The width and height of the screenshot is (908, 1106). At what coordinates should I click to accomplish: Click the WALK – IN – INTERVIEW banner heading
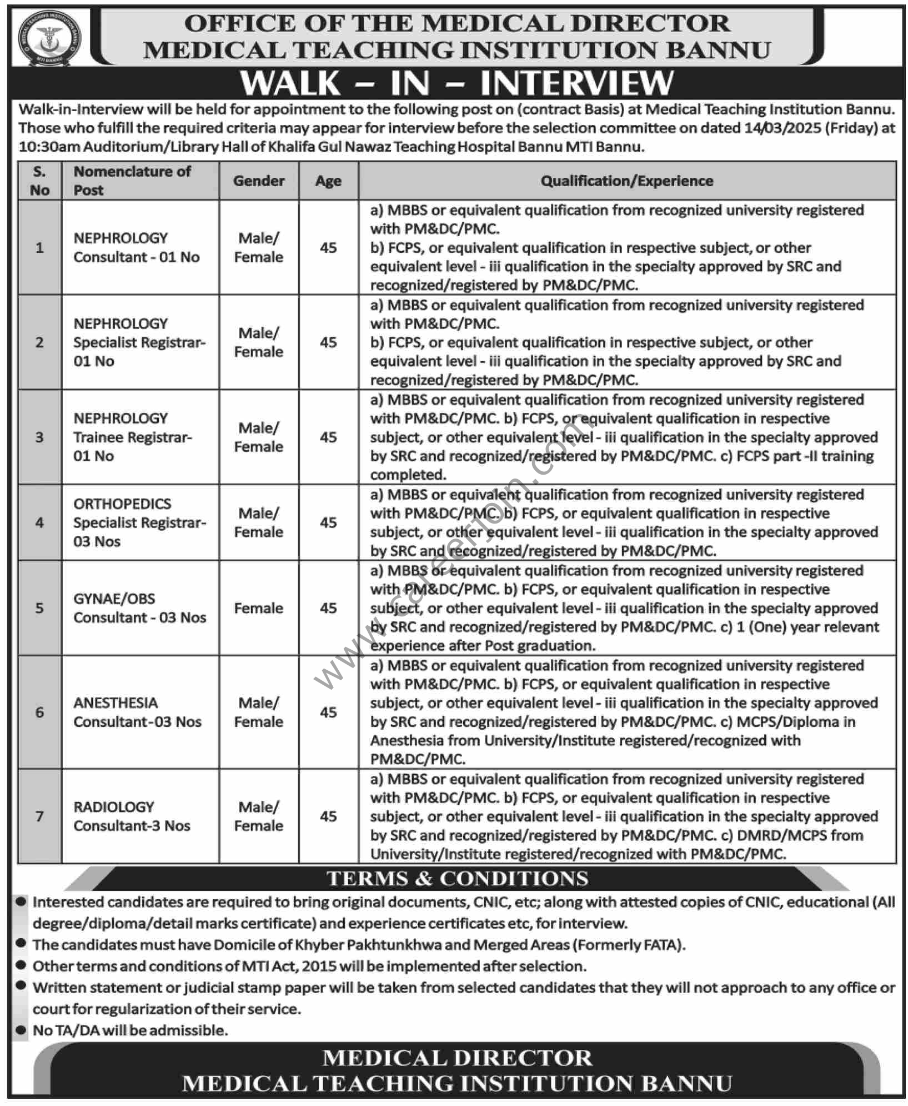(456, 83)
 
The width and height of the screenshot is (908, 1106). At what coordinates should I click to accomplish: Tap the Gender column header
(259, 181)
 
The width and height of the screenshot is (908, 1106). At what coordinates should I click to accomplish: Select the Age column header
(328, 181)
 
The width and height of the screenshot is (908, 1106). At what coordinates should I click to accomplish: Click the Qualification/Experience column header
(626, 181)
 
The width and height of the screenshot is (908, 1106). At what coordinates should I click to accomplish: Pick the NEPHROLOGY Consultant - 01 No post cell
(137, 247)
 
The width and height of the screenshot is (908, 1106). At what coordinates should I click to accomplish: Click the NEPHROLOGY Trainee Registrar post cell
(133, 437)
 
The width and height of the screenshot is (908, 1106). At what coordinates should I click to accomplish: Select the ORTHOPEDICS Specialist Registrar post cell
(139, 522)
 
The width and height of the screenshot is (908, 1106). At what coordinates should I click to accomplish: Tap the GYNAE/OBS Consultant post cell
(139, 608)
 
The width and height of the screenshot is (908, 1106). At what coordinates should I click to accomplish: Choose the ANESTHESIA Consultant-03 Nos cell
(137, 712)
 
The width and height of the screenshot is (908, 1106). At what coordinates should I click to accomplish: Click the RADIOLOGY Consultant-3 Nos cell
(132, 816)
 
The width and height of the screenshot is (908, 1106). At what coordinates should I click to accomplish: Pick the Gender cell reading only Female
(259, 608)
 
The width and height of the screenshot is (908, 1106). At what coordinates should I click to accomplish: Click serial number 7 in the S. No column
(39, 816)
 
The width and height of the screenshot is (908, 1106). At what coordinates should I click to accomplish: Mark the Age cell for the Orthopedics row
(328, 522)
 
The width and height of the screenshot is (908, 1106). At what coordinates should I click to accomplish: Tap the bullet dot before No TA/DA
(21, 1029)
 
